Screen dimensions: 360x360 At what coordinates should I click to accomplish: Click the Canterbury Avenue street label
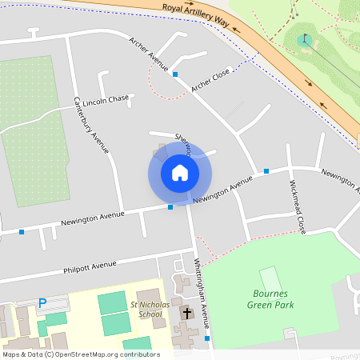[x=90, y=124]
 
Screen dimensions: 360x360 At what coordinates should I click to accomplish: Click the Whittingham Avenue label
[x=202, y=293]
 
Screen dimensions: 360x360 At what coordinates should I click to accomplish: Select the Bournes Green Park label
[x=268, y=298]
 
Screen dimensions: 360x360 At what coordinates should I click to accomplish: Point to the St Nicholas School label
[x=145, y=310]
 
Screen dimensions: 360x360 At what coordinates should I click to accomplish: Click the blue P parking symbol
[x=42, y=303]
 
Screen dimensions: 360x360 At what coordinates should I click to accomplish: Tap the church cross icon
[x=187, y=312]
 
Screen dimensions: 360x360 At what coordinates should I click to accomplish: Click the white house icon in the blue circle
[x=179, y=172]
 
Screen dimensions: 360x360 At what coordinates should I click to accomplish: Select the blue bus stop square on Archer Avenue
[x=175, y=74]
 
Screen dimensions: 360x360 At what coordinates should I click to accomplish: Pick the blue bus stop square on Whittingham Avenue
[x=208, y=338]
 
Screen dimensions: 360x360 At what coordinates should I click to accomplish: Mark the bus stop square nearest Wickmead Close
[x=266, y=170]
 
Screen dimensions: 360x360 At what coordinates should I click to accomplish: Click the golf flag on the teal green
[x=305, y=38]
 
